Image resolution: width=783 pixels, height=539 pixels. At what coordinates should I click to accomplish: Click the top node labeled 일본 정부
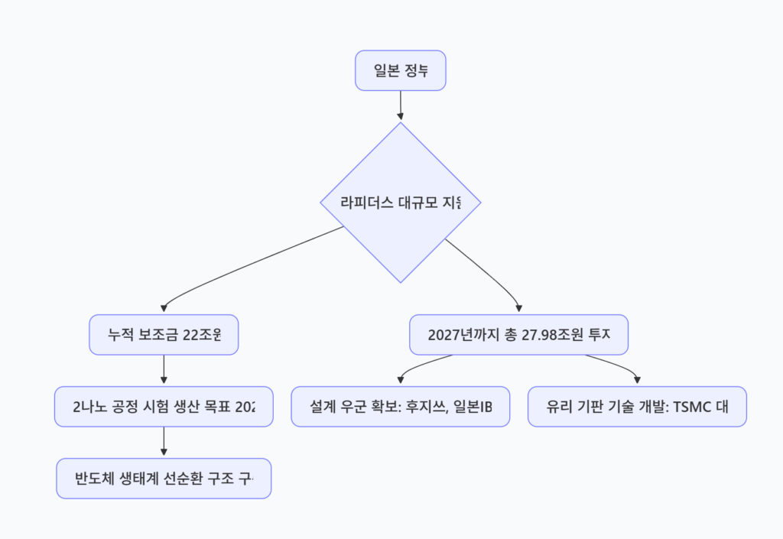tap(400, 71)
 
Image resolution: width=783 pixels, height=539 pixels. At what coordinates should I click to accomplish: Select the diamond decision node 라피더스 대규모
tap(400, 203)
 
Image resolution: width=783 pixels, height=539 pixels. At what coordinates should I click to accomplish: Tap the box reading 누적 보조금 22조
tap(164, 335)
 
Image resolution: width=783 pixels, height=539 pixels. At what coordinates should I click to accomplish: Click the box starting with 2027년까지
tap(518, 335)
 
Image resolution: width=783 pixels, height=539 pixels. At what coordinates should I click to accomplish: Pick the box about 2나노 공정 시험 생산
tap(164, 407)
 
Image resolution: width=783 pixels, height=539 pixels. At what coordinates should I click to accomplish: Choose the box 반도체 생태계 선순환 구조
tap(164, 479)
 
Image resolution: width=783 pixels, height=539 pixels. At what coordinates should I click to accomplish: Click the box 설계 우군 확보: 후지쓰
tap(400, 407)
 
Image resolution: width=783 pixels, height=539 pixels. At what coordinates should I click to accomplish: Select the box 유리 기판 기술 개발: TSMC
tap(637, 407)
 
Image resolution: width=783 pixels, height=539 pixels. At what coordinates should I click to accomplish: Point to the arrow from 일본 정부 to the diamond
tap(400, 106)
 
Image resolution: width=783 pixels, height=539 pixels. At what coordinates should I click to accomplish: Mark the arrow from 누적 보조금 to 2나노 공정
tap(164, 370)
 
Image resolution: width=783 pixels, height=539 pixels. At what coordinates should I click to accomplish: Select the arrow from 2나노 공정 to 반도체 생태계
tap(164, 442)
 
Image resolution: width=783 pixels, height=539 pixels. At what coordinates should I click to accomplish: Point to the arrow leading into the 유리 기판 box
tap(612, 362)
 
